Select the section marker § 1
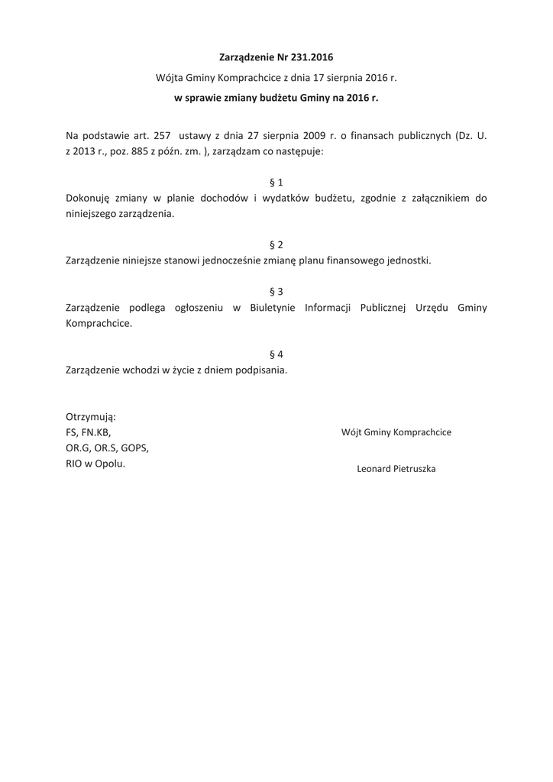(276, 183)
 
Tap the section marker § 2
(276, 245)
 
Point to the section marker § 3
(276, 292)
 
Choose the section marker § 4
(276, 354)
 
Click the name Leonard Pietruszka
(396, 469)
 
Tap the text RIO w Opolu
(95, 464)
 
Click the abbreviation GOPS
(134, 448)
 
